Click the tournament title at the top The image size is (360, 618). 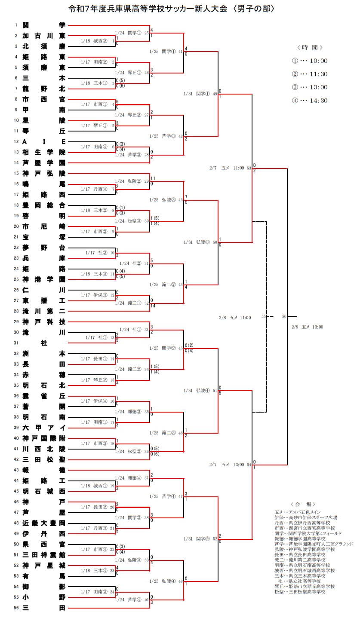[x=171, y=9]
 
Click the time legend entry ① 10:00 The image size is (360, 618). [x=310, y=61]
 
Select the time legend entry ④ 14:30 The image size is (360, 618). [x=310, y=101]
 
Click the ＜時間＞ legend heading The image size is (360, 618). [x=310, y=47]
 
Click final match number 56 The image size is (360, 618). [x=284, y=316]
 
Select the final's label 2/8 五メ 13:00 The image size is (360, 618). [x=307, y=327]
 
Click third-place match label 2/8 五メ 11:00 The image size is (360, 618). [x=234, y=318]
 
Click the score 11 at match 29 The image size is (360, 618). [x=153, y=178]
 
